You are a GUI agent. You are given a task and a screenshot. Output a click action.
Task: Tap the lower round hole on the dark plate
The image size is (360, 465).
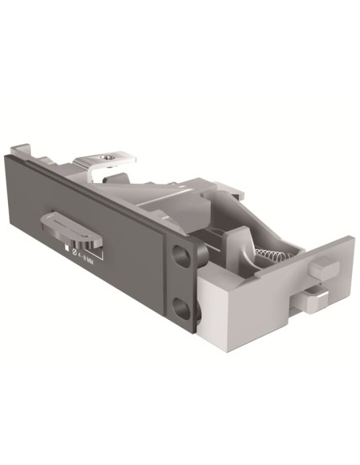(182, 307)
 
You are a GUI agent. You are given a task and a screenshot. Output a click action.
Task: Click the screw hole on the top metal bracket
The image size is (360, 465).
(107, 159)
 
